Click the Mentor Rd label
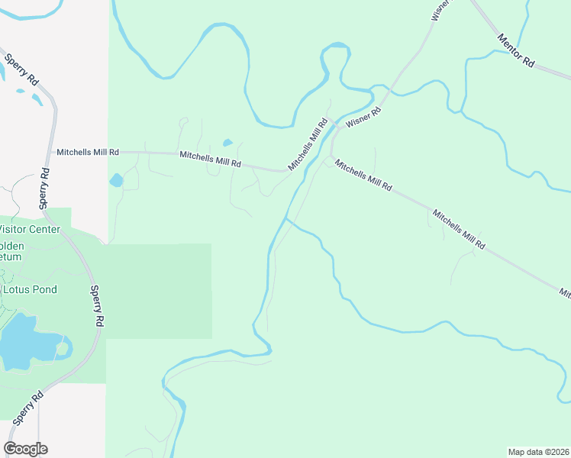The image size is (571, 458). point(516,51)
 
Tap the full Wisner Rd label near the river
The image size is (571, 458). point(363,116)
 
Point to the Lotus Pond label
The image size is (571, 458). point(31,290)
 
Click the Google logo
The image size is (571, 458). point(25,449)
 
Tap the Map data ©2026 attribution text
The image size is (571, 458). point(538,451)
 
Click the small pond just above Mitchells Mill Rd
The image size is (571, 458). point(227,143)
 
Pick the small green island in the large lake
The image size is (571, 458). point(63,348)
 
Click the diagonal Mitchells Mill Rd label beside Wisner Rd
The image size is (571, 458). point(308,144)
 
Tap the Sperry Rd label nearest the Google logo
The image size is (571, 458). point(25,411)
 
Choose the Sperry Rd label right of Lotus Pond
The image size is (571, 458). point(97,306)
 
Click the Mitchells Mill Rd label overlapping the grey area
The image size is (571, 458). point(88,152)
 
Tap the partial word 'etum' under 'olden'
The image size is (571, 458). point(11,257)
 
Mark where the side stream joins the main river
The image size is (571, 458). point(285,218)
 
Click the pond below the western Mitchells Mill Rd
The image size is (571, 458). point(116,180)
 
